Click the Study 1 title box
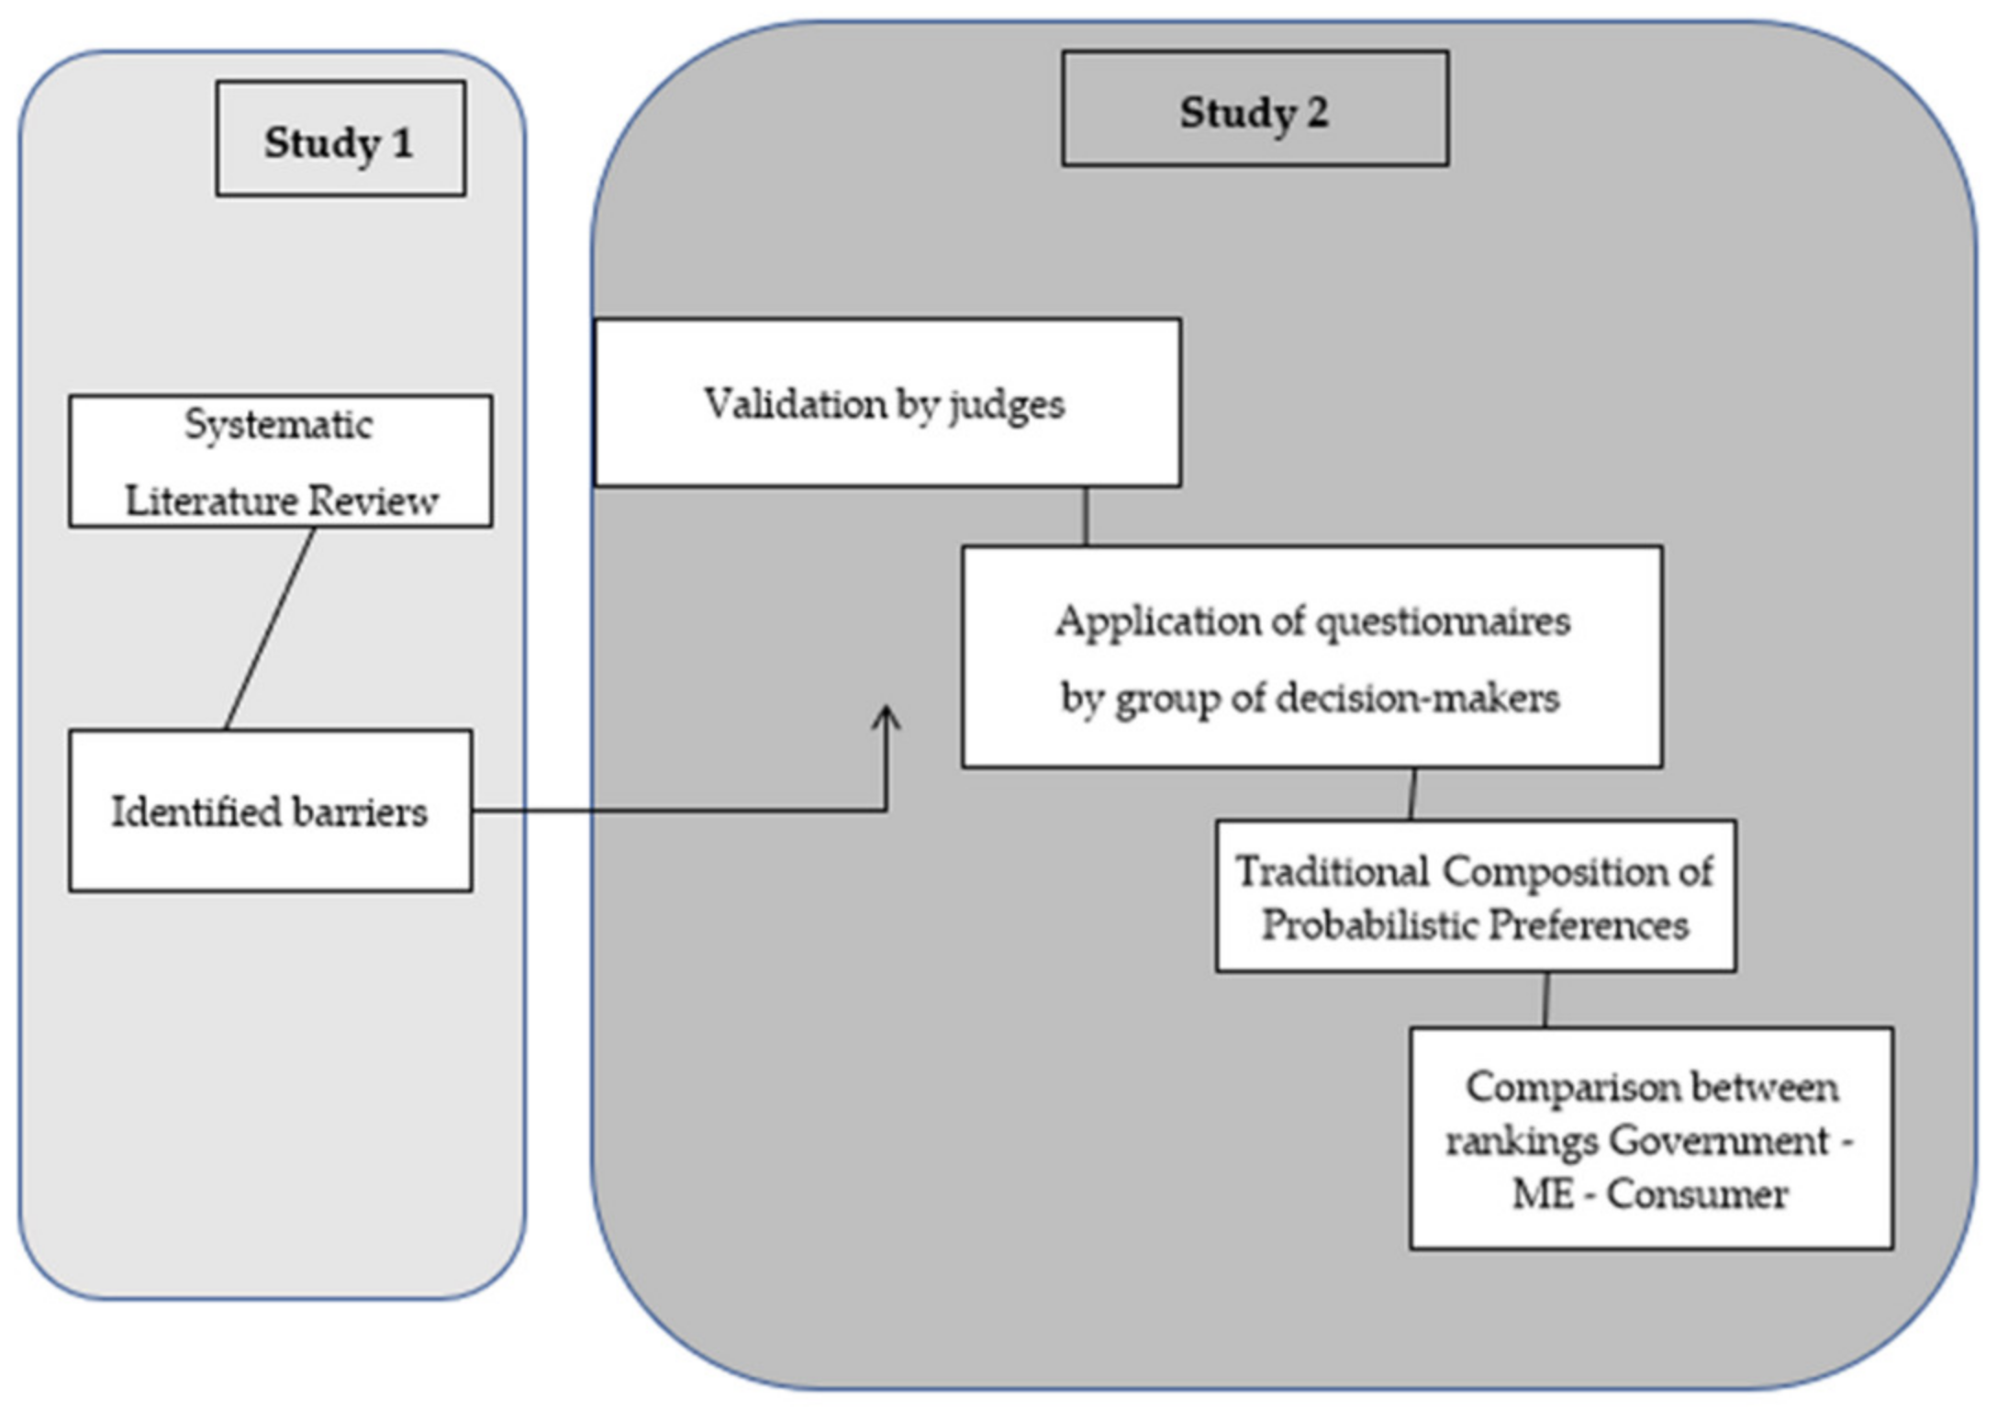click(340, 139)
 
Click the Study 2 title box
click(1255, 108)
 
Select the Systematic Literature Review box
click(280, 461)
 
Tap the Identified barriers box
click(270, 811)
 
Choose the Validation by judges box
click(887, 402)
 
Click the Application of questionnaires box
click(1311, 656)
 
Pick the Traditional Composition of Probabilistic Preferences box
click(1475, 896)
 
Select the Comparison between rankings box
click(1650, 1138)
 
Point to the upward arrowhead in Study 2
click(886, 716)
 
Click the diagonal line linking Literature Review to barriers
click(270, 629)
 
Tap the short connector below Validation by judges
click(1086, 516)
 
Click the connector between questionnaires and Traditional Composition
click(1412, 794)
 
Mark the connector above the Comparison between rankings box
click(1545, 1000)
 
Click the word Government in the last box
click(1719, 1141)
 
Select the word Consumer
click(1697, 1194)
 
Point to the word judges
click(1007, 405)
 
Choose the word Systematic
click(278, 425)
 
